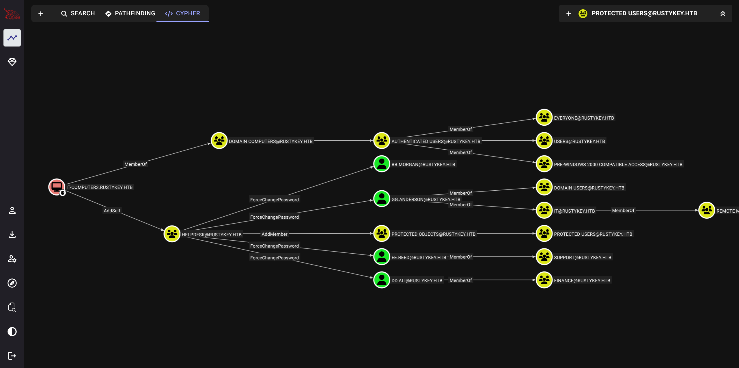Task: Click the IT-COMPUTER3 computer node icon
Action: click(x=57, y=187)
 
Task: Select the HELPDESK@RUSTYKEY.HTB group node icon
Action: click(x=172, y=234)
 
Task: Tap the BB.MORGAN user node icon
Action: click(x=382, y=164)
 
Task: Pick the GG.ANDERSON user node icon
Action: click(x=382, y=198)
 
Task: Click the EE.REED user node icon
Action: click(x=382, y=257)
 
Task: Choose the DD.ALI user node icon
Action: click(x=382, y=280)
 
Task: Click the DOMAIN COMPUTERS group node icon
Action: click(x=219, y=141)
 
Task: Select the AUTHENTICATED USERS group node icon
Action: click(x=382, y=141)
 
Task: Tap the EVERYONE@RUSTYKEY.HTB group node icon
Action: click(x=544, y=117)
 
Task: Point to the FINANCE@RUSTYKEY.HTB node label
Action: click(x=582, y=280)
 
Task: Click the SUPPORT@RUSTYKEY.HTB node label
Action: click(x=583, y=257)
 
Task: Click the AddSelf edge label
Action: click(x=112, y=211)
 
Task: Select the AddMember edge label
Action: click(x=274, y=234)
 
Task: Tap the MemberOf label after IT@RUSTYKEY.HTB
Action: click(x=623, y=211)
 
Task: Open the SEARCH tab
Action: click(x=78, y=13)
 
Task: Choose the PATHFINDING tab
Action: click(x=130, y=13)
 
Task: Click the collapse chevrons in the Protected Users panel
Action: click(x=723, y=14)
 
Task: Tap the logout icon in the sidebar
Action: click(x=12, y=356)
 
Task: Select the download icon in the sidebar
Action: click(x=12, y=234)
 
